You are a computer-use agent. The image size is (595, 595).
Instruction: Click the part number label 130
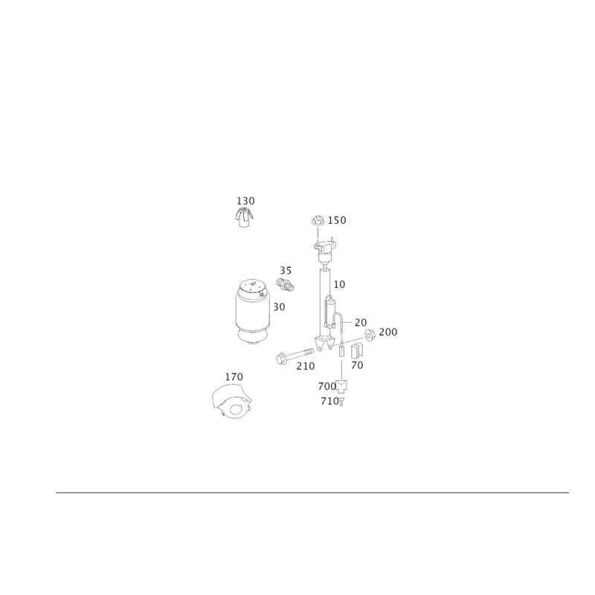[245, 201]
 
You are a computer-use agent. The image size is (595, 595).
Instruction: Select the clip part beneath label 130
[244, 218]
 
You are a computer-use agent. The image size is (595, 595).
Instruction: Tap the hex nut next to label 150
[318, 220]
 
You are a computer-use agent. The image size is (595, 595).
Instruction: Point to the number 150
[337, 220]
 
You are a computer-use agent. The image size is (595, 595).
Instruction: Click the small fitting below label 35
[285, 285]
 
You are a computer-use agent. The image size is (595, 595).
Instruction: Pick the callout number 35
[286, 271]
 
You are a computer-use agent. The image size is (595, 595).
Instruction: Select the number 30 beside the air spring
[279, 306]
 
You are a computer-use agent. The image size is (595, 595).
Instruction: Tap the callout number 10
[340, 284]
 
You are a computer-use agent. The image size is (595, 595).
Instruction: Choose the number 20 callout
[361, 323]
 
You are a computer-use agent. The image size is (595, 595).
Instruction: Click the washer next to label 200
[370, 334]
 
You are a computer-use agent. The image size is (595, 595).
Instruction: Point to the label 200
[388, 332]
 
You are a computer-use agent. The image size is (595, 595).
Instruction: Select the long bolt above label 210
[295, 356]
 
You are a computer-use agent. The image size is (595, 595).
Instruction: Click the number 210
[306, 366]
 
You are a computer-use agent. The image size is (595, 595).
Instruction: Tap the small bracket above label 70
[357, 350]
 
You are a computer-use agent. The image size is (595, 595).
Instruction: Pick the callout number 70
[358, 365]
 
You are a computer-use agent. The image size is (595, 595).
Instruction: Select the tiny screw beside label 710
[341, 402]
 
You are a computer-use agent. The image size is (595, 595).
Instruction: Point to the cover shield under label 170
[231, 402]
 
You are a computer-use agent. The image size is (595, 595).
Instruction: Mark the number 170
[234, 377]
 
